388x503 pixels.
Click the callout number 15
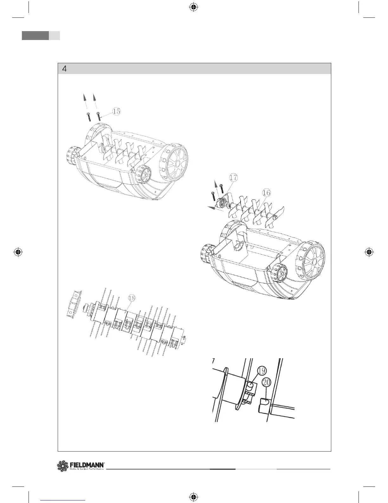point(116,111)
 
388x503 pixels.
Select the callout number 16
point(266,192)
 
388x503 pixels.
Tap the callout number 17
point(233,178)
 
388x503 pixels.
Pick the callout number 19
point(262,371)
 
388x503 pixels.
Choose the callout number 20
point(266,383)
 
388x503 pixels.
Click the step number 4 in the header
point(64,69)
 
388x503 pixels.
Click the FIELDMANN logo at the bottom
point(81,466)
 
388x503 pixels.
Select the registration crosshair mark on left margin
point(18,252)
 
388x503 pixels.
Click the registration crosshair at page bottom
point(193,496)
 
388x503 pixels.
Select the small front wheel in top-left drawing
point(144,174)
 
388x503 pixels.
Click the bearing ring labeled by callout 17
point(222,202)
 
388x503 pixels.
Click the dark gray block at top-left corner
point(35,36)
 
